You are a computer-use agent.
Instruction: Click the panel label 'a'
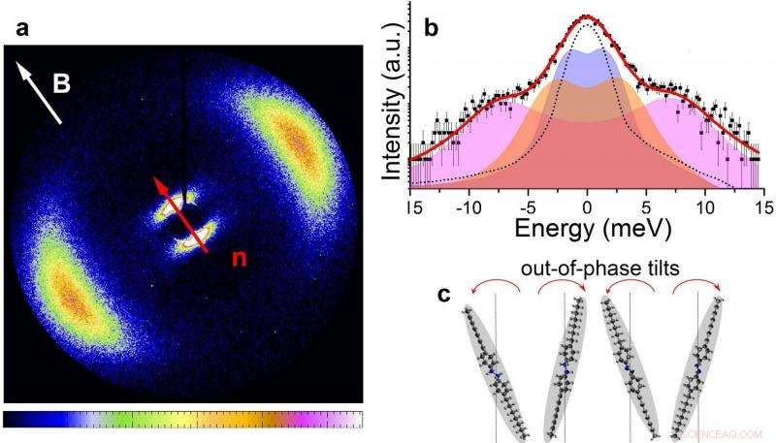click(21, 29)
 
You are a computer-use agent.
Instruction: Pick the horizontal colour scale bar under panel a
click(183, 419)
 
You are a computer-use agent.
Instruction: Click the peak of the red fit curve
click(586, 16)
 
